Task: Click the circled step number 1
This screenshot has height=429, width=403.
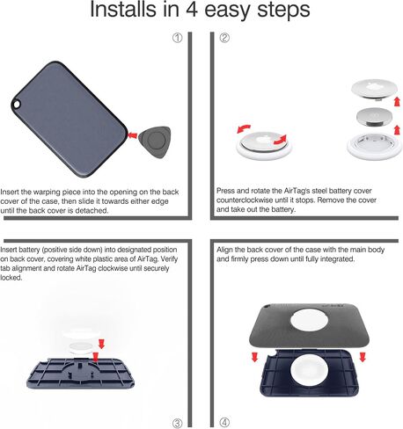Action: coord(177,38)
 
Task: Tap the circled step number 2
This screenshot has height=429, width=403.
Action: coord(224,38)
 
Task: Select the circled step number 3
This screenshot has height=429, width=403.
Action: coord(177,423)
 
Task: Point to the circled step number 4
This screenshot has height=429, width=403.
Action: coord(224,423)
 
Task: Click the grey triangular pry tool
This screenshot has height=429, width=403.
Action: coord(155,142)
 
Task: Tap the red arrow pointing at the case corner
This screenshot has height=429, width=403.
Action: coord(133,135)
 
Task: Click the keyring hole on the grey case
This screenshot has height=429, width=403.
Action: coord(16,105)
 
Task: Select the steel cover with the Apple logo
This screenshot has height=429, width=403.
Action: coord(374,90)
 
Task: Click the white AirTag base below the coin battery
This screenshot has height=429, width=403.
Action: coord(374,146)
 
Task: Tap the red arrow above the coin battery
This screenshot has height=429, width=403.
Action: coord(398,102)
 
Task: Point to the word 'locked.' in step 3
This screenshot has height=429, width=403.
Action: coord(11,278)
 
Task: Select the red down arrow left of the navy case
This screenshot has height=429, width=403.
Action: coord(254,357)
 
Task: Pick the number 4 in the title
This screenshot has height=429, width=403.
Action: coord(192,10)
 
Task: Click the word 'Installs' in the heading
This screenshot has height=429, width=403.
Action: coord(122,10)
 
